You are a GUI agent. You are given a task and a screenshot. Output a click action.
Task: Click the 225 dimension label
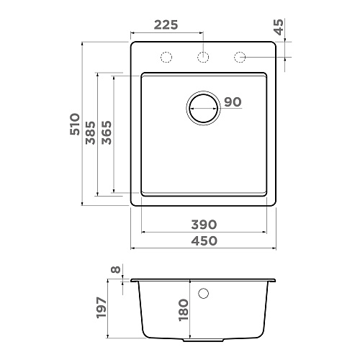[166, 24]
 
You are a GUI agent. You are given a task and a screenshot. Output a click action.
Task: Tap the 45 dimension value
[279, 27]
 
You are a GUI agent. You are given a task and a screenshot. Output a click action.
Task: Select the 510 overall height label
[75, 124]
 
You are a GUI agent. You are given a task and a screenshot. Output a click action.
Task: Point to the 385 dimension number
[91, 132]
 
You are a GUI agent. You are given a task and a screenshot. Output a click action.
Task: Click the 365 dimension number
[107, 132]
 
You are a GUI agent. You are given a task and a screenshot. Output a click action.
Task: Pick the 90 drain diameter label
[233, 102]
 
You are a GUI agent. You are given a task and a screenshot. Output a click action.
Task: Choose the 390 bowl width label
[204, 225]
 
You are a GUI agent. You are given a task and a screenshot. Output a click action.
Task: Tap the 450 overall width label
[204, 240]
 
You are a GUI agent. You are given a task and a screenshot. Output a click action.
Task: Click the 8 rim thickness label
[115, 270]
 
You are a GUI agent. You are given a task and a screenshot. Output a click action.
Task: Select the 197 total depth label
[102, 307]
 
